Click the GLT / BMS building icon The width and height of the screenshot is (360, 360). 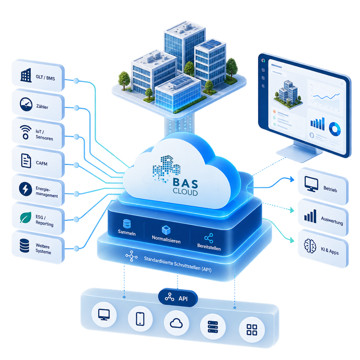coord(26,75)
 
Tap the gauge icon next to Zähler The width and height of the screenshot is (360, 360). coord(26,104)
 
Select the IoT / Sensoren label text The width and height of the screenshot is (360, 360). coord(44,135)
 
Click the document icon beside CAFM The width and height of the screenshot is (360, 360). coord(26,161)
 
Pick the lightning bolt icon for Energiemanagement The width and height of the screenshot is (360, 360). coord(26,189)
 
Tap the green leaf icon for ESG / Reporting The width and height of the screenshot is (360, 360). coord(26,217)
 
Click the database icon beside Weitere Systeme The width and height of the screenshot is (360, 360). coord(24,245)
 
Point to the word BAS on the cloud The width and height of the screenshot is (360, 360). coord(185,183)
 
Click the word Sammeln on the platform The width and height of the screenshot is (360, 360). coord(127,233)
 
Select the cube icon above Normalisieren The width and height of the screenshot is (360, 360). coord(166,230)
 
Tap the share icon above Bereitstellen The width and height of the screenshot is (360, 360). coord(209,238)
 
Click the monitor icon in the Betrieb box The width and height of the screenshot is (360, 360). coord(311,184)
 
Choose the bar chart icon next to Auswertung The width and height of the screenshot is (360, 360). coord(310,216)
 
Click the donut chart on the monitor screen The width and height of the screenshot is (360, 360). coord(334,129)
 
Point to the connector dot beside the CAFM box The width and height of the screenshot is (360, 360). coord(76,165)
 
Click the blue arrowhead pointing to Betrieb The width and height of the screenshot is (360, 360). coord(292,179)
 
